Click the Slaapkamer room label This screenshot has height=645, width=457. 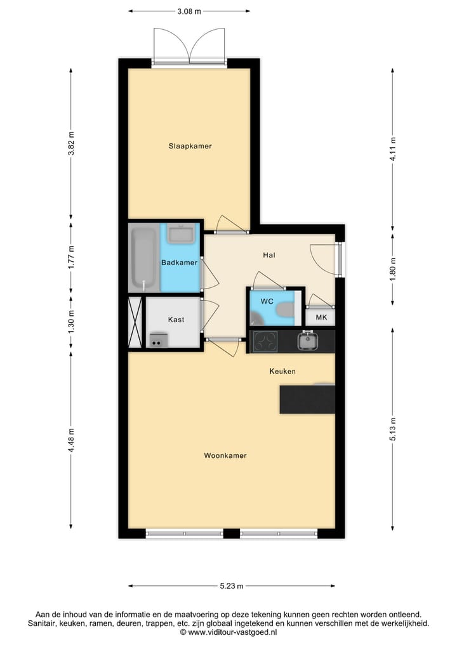coord(190,146)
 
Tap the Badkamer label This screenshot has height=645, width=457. coord(179,262)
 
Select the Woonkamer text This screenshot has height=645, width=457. coord(225,455)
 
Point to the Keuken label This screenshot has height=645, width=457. coord(282,371)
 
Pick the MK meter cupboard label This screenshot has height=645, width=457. coord(321,318)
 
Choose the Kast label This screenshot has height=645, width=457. coord(176,320)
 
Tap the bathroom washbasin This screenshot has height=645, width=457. coord(183,234)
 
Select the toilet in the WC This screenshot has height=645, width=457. coord(284,310)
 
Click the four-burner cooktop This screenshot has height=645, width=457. coord(266,342)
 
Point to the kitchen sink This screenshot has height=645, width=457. coord(308,341)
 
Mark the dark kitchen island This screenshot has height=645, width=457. coord(307,399)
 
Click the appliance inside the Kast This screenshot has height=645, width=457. coord(156,341)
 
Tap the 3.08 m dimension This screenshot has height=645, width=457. coord(189,11)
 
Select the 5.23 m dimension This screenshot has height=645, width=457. coord(231,586)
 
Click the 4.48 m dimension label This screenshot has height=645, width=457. coord(71,440)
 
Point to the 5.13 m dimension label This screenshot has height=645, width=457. coord(393,422)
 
